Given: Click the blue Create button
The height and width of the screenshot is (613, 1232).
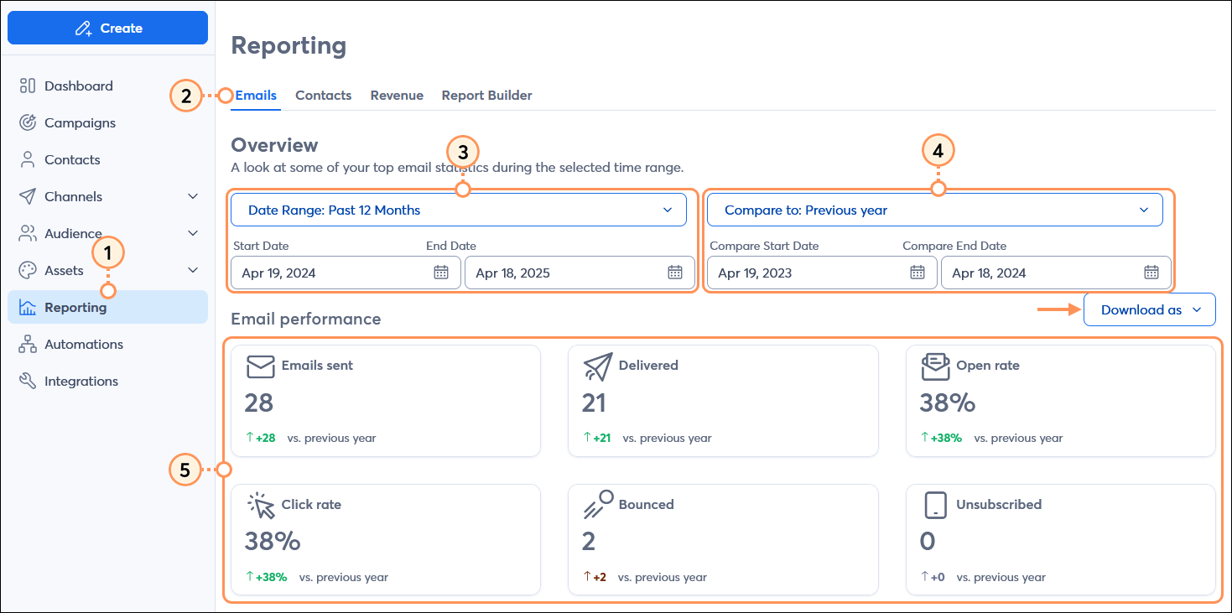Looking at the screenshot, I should click(x=107, y=28).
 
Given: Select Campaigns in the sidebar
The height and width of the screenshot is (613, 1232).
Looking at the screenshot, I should click(x=80, y=122).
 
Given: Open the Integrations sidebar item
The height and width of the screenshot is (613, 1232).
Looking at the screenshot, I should click(x=81, y=381).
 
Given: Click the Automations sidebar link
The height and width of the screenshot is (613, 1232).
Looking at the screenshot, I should click(x=83, y=344).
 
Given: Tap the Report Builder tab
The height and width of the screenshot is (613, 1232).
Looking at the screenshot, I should click(x=486, y=96).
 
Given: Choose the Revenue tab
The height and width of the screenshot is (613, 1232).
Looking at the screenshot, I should click(x=397, y=96).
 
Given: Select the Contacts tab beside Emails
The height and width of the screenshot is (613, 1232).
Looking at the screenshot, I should click(x=323, y=96).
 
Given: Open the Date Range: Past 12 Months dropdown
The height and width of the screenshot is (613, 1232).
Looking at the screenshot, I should click(x=458, y=210).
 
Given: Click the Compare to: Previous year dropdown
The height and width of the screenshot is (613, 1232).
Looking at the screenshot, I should click(x=934, y=210).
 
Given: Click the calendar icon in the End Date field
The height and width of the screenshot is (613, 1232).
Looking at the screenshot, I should click(x=675, y=272).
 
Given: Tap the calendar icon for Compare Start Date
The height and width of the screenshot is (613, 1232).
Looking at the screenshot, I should click(x=918, y=272).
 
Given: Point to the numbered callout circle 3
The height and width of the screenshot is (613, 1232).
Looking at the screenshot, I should click(x=462, y=152).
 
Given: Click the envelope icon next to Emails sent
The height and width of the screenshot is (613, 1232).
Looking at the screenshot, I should click(x=261, y=366).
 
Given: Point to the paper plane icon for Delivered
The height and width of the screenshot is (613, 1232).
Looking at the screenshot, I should click(x=598, y=366).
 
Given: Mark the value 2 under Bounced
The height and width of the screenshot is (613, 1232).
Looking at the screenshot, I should click(x=589, y=542).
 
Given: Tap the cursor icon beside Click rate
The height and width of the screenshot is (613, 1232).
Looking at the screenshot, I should click(x=261, y=506).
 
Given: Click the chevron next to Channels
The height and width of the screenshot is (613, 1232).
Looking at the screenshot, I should click(x=193, y=196).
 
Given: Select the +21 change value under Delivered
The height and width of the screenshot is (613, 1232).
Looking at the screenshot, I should click(x=600, y=438).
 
